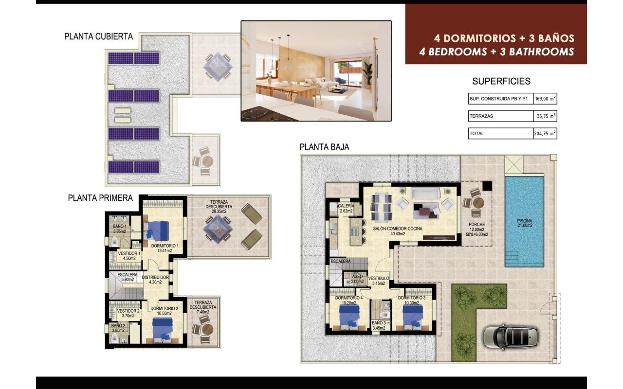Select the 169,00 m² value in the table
tap(545, 99)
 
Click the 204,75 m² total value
tap(545, 133)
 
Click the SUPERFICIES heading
tap(501, 82)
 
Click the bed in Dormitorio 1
tap(158, 229)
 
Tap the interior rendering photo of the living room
tap(316, 71)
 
